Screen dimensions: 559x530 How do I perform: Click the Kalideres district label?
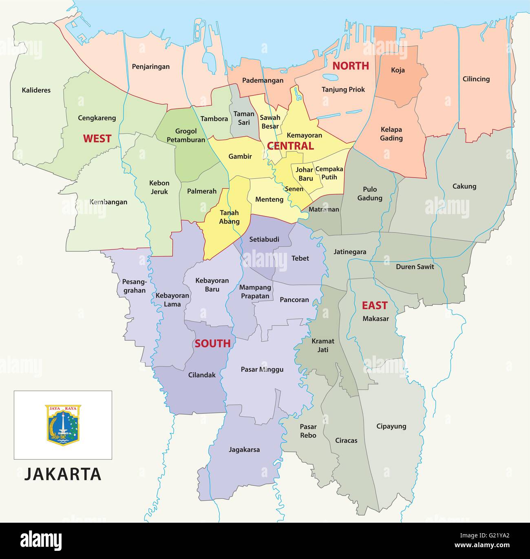pos(36,90)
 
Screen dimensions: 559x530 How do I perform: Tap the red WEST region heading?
pos(97,139)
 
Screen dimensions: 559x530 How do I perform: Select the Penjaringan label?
pos(151,66)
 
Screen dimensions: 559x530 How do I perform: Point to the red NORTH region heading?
pos(351,66)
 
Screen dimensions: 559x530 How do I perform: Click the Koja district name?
pos(398,70)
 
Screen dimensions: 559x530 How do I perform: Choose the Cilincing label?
pos(476,79)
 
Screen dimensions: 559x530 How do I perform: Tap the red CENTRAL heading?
pos(290,146)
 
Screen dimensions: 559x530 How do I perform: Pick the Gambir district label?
pos(240,156)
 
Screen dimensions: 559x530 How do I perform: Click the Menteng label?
pos(269,199)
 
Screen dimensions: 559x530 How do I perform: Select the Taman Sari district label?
pos(244,118)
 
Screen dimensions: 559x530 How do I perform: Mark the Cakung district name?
pos(464,186)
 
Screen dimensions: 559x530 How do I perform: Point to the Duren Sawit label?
pos(415,267)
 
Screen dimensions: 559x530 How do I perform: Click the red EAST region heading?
pos(375,305)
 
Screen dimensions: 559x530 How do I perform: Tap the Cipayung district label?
pos(391,426)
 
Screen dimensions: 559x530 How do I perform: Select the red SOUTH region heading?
pos(212,343)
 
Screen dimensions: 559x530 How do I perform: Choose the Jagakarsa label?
pos(244,450)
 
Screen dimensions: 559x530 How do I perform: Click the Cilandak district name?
pos(202,375)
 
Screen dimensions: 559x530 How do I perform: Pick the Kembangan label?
pos(108,202)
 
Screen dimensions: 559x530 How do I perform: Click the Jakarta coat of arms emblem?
pos(63,425)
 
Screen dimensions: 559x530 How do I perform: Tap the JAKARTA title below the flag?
pos(63,474)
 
